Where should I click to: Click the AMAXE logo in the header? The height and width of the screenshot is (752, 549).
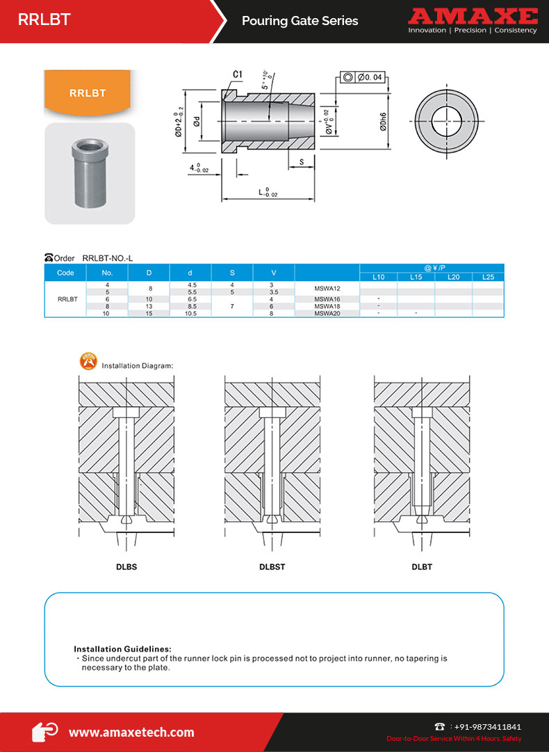point(473,17)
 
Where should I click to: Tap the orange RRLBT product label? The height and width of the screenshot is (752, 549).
point(88,93)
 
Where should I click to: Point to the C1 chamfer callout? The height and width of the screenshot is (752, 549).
point(237,74)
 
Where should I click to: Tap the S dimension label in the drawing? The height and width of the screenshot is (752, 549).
point(301,162)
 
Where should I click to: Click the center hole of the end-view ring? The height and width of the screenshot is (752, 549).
point(445,122)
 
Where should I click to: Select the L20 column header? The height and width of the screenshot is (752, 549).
point(454,277)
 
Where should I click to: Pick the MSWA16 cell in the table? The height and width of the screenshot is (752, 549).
point(327,299)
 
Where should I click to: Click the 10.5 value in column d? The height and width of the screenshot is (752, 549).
point(190,314)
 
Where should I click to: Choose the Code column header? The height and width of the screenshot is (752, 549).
point(65,273)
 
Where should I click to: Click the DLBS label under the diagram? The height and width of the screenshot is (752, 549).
point(126,567)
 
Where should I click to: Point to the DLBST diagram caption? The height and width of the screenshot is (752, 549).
point(272,567)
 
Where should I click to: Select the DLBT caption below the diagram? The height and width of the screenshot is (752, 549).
point(422,567)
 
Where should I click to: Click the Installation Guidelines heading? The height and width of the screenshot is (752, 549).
point(122,648)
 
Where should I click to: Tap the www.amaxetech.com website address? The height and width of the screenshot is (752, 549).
point(131,732)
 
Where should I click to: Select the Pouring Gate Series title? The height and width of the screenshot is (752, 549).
point(300,21)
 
